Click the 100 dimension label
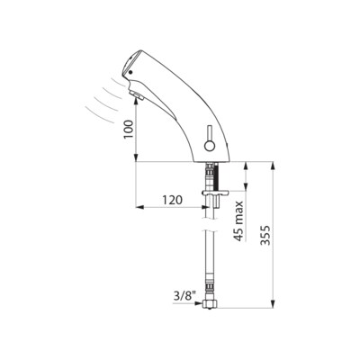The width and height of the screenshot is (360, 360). coord(129,129)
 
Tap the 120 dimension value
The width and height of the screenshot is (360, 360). coord(172,200)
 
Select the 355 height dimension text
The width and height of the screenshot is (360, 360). coord(265,235)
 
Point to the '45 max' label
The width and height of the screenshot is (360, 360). coord(238,221)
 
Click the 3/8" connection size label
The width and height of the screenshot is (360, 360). coord(184,296)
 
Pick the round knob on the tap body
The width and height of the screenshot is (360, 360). coord(210,147)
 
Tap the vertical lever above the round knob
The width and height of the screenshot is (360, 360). coord(210,133)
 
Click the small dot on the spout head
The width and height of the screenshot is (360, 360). coord(130,72)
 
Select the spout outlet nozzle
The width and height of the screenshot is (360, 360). coord(137,95)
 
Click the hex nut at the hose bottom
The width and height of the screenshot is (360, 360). coord(210,304)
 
